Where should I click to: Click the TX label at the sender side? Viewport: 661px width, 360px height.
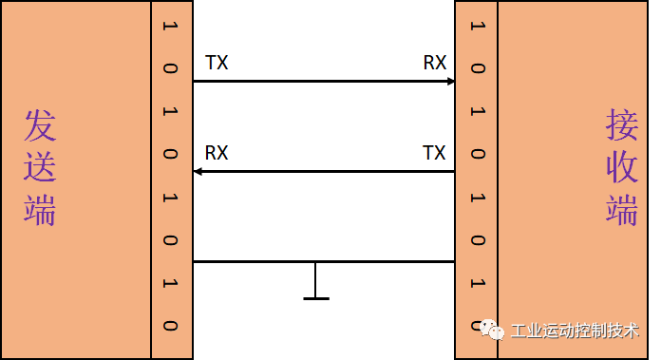click(x=217, y=64)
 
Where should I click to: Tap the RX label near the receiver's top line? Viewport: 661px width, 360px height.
click(x=435, y=64)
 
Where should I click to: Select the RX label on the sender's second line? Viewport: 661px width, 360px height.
click(x=217, y=153)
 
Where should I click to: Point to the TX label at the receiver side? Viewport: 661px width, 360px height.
click(x=434, y=153)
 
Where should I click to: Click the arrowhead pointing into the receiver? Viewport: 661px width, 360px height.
click(x=451, y=82)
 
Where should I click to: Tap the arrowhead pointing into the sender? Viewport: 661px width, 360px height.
click(x=197, y=171)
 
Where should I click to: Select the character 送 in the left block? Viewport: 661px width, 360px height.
click(x=41, y=167)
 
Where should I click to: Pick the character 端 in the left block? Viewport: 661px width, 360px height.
click(x=41, y=209)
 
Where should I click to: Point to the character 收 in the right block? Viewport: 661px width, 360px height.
click(x=622, y=167)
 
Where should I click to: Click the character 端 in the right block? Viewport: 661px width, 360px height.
click(x=622, y=209)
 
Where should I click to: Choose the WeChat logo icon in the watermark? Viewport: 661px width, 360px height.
click(x=492, y=330)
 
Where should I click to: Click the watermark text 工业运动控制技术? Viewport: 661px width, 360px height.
click(x=575, y=331)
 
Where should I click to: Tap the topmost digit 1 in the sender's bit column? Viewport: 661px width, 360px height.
click(x=171, y=25)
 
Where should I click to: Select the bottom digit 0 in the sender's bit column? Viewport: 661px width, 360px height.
click(x=171, y=325)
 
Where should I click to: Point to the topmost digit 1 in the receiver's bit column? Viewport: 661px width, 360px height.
click(x=477, y=25)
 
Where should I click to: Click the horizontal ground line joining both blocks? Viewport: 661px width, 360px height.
click(x=323, y=261)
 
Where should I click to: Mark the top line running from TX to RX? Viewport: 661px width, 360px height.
click(x=323, y=82)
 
